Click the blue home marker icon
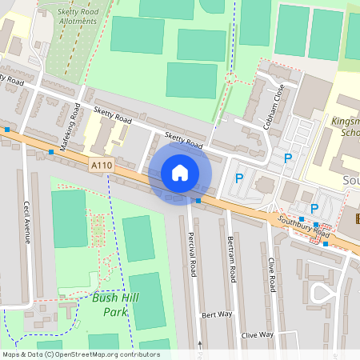click(x=180, y=173)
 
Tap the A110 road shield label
click(x=101, y=166)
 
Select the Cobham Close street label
click(x=273, y=107)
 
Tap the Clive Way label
click(x=258, y=334)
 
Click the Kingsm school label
click(x=345, y=129)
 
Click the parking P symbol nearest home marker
click(x=238, y=178)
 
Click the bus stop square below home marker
click(x=198, y=201)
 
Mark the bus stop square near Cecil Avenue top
click(x=51, y=151)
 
